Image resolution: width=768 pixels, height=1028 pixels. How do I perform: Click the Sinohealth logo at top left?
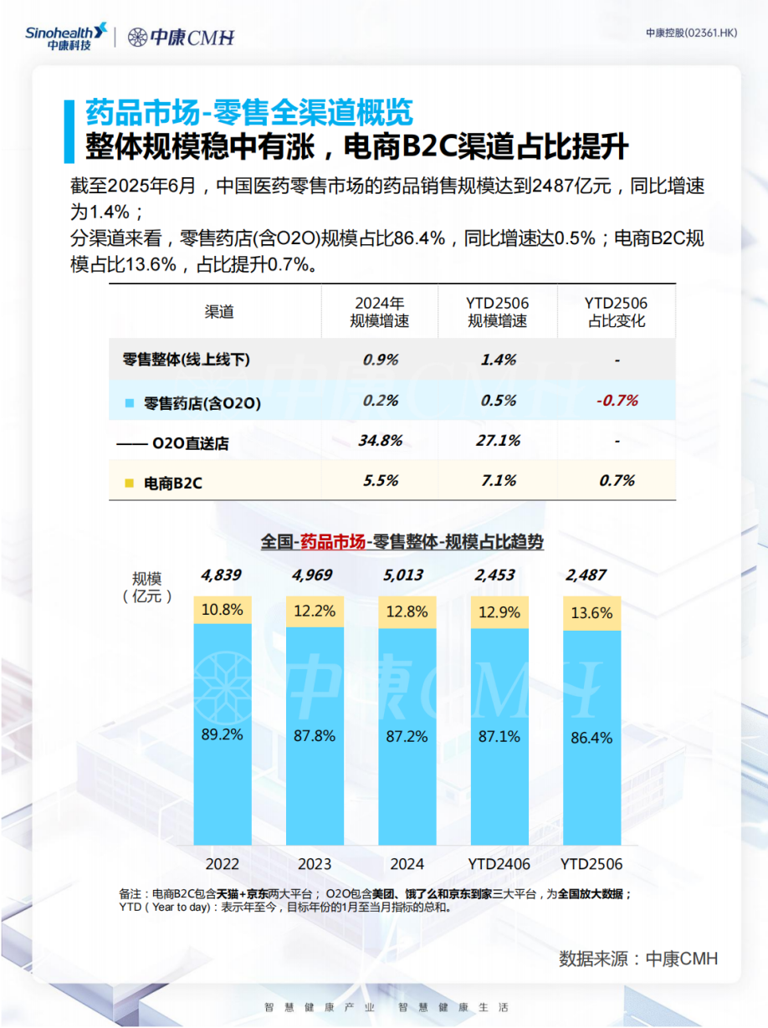click(x=66, y=36)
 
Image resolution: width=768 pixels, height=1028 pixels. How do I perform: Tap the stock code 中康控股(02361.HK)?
click(x=691, y=33)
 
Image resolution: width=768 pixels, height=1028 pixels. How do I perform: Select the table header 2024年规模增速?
click(x=380, y=312)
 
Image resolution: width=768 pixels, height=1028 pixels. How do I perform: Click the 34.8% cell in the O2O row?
click(x=381, y=440)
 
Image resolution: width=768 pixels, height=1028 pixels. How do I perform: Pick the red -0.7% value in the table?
click(x=617, y=401)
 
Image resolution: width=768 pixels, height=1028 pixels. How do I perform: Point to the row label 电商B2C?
click(x=173, y=483)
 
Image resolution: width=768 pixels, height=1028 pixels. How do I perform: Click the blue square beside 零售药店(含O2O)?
click(x=129, y=403)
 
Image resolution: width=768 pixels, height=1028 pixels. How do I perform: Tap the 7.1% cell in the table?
click(x=498, y=480)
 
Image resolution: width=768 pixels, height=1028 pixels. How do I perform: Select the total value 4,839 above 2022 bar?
click(x=222, y=575)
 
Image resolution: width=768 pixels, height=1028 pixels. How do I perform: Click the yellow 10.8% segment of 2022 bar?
click(x=223, y=610)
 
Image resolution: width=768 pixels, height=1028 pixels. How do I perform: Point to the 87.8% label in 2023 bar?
click(x=315, y=736)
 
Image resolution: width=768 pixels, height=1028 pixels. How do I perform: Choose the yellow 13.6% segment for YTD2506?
click(x=591, y=613)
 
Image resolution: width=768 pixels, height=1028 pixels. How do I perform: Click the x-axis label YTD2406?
click(x=499, y=864)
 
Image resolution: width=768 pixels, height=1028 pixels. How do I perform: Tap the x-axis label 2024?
click(x=407, y=864)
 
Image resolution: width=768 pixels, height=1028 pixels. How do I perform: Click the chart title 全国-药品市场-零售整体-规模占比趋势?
click(x=402, y=542)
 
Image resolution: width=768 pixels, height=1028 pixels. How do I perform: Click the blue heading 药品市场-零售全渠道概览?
click(x=248, y=112)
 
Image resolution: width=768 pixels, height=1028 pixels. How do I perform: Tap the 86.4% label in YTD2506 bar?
click(x=591, y=738)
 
